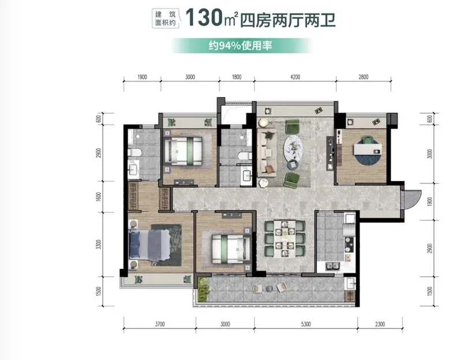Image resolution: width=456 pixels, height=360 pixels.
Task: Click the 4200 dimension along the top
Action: coord(295,77)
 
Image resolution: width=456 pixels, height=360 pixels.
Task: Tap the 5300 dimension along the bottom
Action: coord(306,324)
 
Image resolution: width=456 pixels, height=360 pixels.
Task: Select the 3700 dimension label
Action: coord(160,324)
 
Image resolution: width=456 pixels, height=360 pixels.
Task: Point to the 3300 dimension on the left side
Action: coord(99,245)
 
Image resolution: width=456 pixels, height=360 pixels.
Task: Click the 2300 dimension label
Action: coord(380,324)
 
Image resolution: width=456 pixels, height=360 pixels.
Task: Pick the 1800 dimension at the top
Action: coord(237,77)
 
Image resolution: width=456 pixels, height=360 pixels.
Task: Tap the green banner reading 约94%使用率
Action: coord(241,46)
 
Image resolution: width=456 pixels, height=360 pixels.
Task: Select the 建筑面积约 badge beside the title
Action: coord(166,18)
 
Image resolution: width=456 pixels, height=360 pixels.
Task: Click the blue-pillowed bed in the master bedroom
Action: coord(149,245)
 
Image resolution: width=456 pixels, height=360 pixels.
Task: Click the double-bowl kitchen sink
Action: coord(332,266)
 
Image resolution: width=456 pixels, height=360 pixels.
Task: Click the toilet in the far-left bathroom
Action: coord(134,152)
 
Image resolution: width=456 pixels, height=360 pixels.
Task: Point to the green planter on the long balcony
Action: coord(204,290)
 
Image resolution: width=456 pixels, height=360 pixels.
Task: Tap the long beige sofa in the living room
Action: coord(267,153)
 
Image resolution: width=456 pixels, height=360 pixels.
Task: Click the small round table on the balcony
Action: coord(270,288)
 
